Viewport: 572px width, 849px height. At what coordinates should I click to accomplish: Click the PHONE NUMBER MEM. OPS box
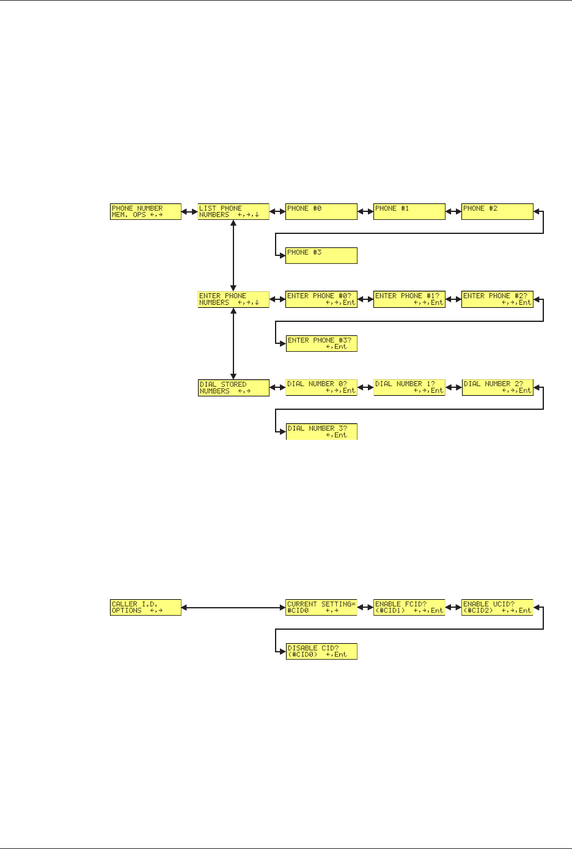[146, 212]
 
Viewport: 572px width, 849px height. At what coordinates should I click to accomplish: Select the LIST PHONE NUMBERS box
[233, 212]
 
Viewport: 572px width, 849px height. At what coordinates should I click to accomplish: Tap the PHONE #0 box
[321, 212]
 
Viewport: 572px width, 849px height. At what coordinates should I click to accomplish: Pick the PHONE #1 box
[409, 212]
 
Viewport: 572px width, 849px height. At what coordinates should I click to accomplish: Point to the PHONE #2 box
[497, 212]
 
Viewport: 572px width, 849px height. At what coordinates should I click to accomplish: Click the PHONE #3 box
[321, 255]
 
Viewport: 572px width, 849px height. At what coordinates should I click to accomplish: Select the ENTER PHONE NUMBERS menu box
[233, 299]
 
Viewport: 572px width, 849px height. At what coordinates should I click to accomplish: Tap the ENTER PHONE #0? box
[321, 299]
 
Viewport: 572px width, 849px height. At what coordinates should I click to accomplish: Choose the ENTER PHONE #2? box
[497, 299]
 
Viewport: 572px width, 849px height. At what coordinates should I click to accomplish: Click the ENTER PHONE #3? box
[321, 343]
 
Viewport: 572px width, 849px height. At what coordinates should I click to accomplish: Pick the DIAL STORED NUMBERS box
[233, 388]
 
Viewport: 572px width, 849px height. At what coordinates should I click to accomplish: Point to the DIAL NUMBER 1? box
[409, 388]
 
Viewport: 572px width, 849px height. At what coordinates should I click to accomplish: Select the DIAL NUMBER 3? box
[321, 431]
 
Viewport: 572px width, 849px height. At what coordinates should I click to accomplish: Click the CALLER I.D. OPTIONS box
[146, 607]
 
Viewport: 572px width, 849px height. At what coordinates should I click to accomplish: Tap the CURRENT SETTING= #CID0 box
[321, 607]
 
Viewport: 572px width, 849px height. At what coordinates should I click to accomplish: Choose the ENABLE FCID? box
[409, 607]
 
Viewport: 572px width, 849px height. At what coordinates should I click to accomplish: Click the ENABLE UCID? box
[497, 607]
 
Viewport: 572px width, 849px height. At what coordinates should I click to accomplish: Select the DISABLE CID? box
[321, 651]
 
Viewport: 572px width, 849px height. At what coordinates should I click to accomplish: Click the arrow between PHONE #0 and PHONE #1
[365, 212]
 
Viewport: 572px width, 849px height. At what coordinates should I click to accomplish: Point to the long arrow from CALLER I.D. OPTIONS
[233, 607]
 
